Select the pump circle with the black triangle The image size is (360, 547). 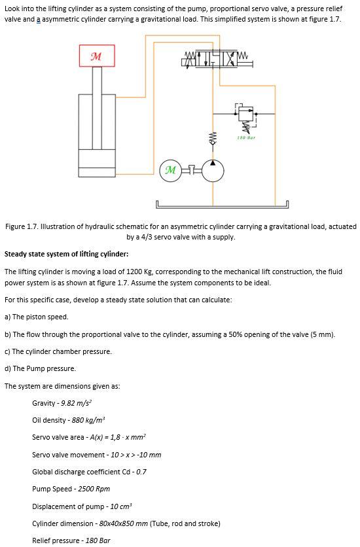coord(212,170)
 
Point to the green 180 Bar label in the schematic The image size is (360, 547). coord(247,137)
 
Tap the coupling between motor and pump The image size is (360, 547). coord(192,170)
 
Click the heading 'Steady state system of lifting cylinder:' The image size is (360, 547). coord(66,254)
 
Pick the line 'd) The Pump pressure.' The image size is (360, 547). coord(40,368)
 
